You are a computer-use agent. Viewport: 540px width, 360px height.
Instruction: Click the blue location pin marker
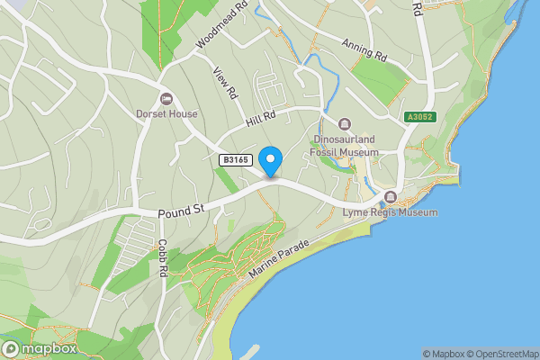(270, 161)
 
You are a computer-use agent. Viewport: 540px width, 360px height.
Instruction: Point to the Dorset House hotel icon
(165, 98)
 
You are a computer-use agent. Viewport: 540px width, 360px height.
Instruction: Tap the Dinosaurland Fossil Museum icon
(345, 124)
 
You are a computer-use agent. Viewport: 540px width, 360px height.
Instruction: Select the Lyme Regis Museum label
(390, 213)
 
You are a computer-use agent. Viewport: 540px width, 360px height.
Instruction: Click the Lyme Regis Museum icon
(390, 197)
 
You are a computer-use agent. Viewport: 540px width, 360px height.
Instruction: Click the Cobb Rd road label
(163, 256)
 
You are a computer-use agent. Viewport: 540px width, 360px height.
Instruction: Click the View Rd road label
(225, 83)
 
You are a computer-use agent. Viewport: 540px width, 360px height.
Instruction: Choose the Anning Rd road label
(364, 49)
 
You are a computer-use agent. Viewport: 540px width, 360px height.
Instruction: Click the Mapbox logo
(39, 348)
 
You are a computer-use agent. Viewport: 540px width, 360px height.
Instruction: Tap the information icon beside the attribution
(427, 354)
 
